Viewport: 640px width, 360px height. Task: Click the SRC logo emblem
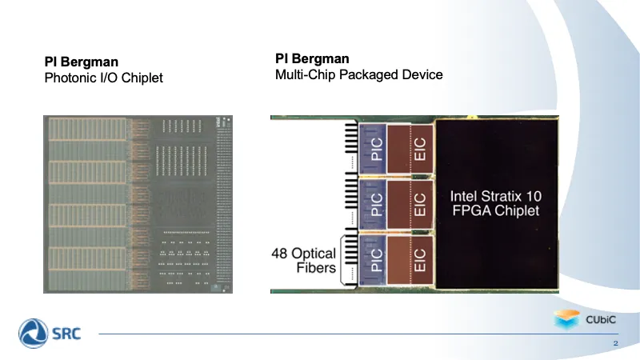pos(33,334)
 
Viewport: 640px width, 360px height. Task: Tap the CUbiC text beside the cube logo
pos(601,319)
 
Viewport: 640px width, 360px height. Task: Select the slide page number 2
pos(615,343)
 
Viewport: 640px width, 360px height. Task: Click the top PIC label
pos(377,149)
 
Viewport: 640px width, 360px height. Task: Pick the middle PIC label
pos(377,204)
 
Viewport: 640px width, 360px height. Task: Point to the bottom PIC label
pos(377,260)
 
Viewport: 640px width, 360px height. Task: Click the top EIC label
pos(419,149)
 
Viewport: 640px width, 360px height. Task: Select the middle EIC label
pos(419,205)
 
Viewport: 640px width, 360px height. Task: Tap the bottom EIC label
pos(419,260)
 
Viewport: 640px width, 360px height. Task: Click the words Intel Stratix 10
pos(496,196)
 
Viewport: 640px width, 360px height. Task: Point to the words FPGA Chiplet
pos(496,210)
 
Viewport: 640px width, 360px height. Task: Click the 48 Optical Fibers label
pos(304,261)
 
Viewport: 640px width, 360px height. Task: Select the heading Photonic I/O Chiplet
pos(104,78)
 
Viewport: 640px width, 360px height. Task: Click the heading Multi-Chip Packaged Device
pos(358,74)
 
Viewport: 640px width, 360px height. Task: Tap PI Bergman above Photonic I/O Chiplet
pos(82,62)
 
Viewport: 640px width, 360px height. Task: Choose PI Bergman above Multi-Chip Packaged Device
pos(312,58)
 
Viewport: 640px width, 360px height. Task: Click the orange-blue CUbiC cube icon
pos(567,319)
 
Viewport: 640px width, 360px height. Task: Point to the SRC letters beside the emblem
pos(66,334)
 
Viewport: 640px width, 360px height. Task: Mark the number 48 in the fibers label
pos(279,254)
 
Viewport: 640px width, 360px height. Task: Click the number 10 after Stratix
pos(534,196)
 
